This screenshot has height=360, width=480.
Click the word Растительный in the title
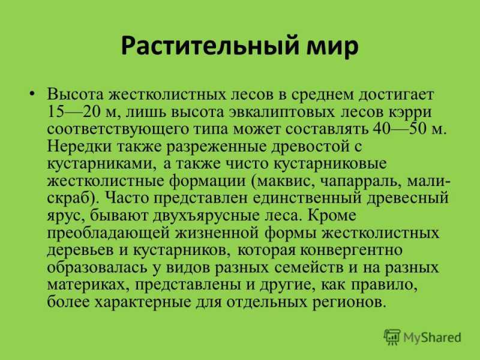(x=209, y=46)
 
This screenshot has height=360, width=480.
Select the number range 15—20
(x=74, y=112)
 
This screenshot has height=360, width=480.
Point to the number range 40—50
(x=399, y=129)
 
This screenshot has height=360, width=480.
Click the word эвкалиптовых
(x=281, y=112)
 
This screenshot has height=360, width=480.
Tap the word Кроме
(x=332, y=215)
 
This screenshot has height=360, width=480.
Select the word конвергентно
(x=351, y=251)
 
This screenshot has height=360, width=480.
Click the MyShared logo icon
(x=392, y=337)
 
